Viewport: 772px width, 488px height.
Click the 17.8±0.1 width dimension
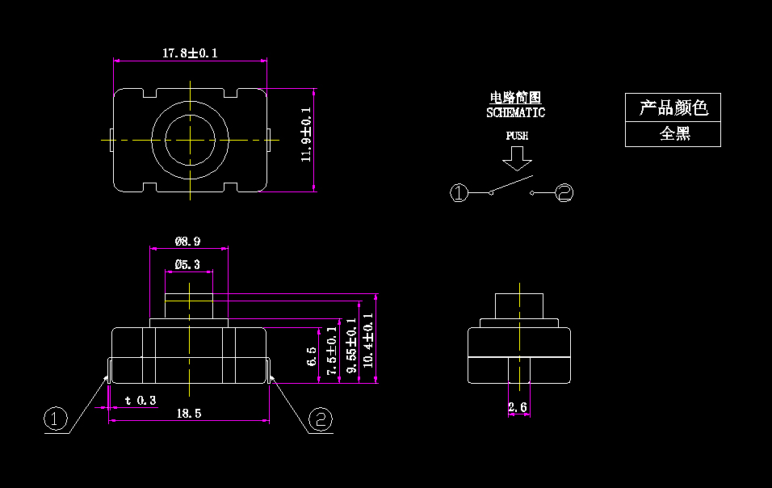[190, 53]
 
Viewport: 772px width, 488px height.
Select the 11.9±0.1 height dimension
[306, 135]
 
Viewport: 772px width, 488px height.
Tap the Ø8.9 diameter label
[187, 241]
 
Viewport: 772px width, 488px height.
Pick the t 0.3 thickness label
[141, 400]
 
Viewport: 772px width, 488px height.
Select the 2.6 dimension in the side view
[518, 408]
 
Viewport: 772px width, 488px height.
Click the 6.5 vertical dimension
[313, 356]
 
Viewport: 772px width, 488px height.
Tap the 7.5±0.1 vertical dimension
[332, 351]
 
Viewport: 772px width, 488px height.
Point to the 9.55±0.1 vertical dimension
[351, 345]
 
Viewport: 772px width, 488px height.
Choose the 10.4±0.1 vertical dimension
[369, 340]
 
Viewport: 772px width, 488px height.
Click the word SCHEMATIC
[515, 113]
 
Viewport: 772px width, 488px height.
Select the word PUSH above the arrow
[517, 136]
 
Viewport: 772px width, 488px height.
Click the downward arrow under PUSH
[517, 162]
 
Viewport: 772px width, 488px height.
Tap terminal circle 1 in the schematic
[459, 192]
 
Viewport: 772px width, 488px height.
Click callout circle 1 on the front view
[54, 419]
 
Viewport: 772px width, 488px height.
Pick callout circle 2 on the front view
[321, 419]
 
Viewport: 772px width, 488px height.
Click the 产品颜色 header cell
[673, 107]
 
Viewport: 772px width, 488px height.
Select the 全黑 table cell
[673, 134]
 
